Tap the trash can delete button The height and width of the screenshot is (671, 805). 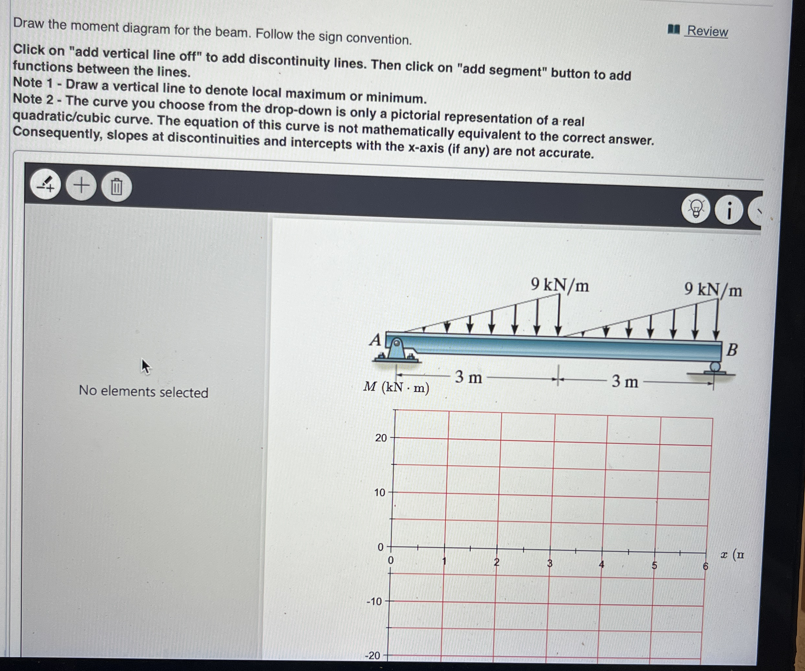(x=116, y=187)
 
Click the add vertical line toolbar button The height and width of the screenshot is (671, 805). (x=46, y=185)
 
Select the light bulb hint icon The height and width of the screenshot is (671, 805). (x=695, y=209)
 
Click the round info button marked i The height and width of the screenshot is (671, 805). (x=728, y=211)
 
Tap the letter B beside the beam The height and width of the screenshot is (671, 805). (x=731, y=350)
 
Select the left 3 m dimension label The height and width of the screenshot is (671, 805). (x=469, y=377)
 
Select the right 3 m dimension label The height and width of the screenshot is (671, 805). (x=625, y=381)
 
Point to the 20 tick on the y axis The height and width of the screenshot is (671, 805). (x=381, y=438)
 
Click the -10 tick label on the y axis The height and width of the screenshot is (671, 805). (x=375, y=601)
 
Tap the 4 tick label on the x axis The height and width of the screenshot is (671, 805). (x=601, y=564)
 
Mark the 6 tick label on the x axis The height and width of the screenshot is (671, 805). (x=705, y=566)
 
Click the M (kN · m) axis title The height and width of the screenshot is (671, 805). (x=396, y=387)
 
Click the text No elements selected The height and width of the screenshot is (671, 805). (x=143, y=391)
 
